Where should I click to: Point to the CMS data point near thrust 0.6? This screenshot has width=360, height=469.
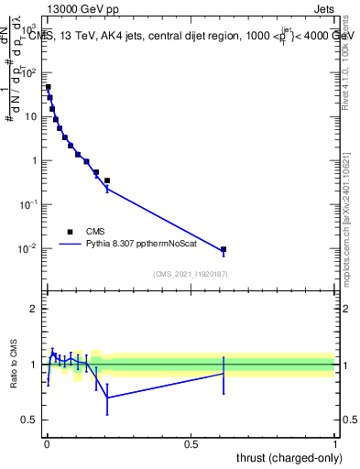(224, 249)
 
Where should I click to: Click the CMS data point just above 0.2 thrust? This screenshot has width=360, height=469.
(107, 180)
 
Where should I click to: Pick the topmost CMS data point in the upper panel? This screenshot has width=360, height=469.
(48, 88)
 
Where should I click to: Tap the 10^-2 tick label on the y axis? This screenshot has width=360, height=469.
(27, 249)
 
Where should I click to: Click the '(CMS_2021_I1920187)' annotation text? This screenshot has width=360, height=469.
(191, 274)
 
